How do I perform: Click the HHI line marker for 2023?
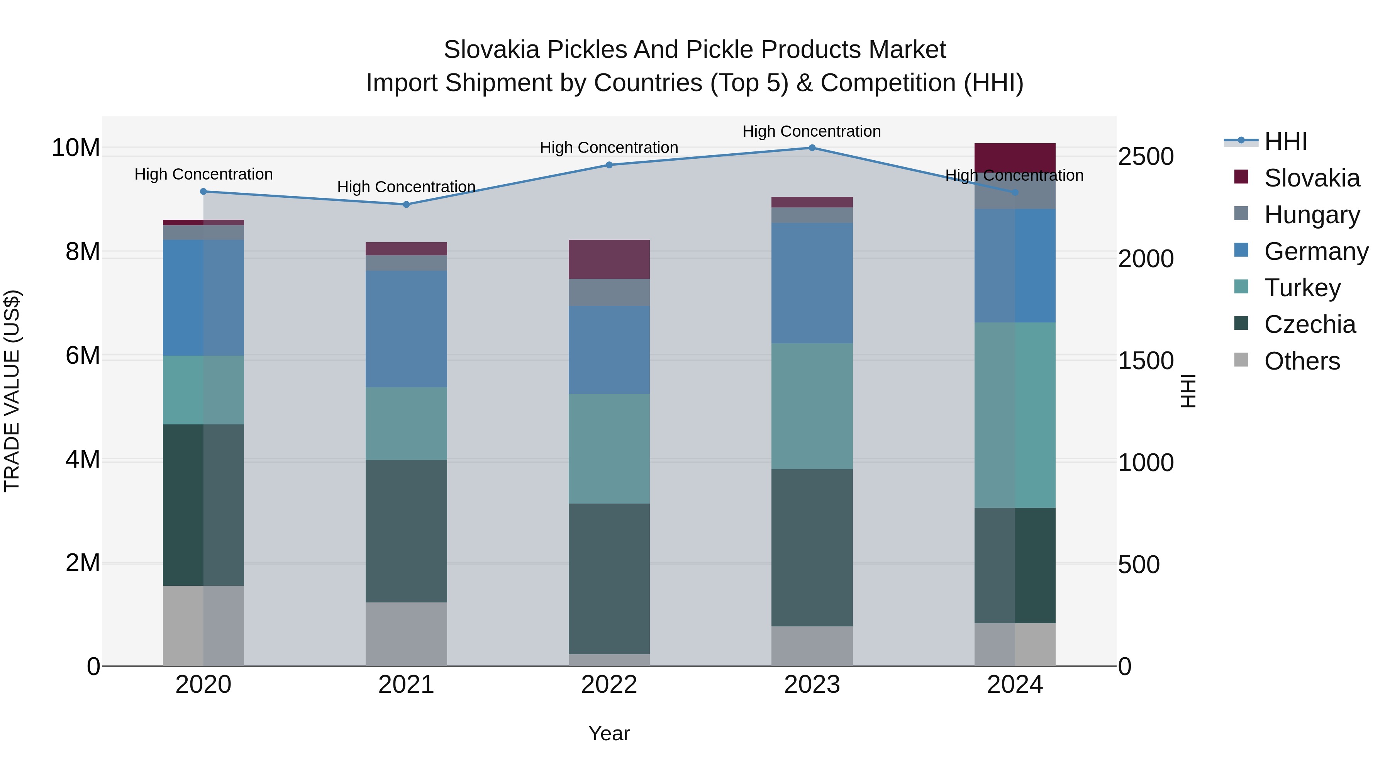812,148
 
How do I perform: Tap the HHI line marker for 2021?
406,205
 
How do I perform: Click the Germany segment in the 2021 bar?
406,329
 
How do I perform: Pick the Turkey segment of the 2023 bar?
812,406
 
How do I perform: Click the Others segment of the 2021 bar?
406,634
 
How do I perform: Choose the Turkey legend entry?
1302,288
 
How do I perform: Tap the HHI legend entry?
1285,141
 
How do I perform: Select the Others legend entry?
1302,361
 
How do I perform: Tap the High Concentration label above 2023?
812,131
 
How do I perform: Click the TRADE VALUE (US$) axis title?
12,391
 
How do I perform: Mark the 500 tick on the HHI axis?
1139,565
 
